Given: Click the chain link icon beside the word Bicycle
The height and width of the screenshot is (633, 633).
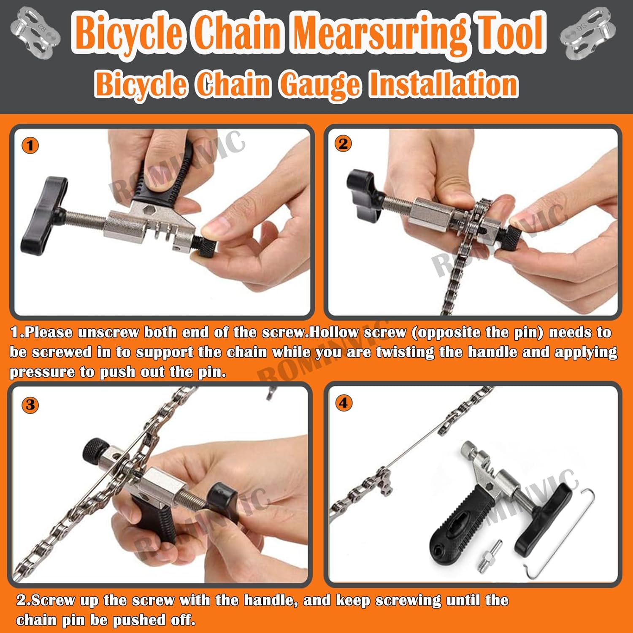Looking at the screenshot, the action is click(36, 34).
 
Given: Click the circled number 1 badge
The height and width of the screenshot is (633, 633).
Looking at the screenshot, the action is click(30, 146).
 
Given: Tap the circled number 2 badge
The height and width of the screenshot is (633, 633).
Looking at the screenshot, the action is click(343, 144).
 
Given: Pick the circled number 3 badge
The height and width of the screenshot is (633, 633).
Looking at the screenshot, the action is click(30, 405).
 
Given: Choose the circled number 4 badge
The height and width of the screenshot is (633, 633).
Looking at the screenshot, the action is click(344, 403).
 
